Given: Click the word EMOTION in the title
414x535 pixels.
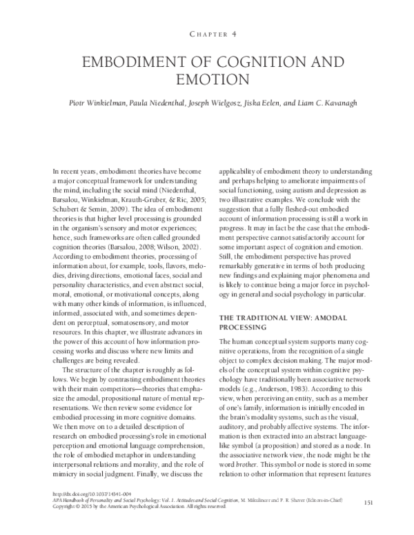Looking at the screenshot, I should tap(207, 79).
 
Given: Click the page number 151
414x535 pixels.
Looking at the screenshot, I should tap(368, 501).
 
